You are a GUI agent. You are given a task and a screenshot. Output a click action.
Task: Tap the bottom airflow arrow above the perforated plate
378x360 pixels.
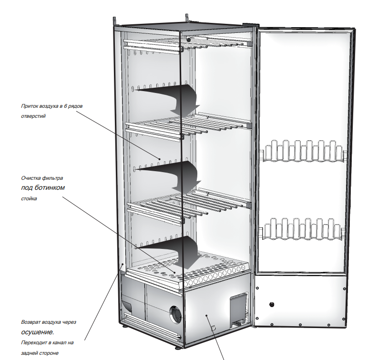[176, 248]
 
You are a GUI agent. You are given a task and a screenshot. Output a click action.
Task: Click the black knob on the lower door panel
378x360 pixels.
[272, 304]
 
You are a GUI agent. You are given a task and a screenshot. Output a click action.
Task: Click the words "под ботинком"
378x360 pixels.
[43, 187]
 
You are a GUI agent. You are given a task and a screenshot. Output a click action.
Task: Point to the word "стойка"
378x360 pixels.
[29, 198]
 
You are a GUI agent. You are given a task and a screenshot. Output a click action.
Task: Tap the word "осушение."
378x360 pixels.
[38, 332]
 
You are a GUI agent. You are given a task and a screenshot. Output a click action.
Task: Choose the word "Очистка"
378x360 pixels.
[31, 177]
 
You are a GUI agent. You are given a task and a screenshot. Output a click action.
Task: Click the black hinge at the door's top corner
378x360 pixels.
[249, 24]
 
